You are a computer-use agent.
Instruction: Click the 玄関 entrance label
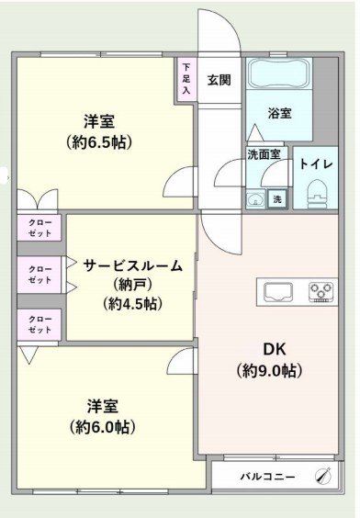pos(219,80)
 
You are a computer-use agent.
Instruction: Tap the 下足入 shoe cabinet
pos(186,80)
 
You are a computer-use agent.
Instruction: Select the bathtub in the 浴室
pos(279,73)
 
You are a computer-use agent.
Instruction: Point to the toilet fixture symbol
pos(317,195)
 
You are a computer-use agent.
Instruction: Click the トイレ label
pos(316,164)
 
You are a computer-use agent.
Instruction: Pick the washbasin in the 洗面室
pos(255,199)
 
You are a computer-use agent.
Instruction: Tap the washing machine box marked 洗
pos(277,199)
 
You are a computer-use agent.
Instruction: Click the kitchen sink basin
pos(278,292)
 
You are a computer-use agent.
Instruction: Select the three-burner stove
pos(321,292)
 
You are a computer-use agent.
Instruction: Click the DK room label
pos(275,349)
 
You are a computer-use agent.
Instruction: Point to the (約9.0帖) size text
pos(269,371)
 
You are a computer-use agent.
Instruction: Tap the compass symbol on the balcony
pos(323,476)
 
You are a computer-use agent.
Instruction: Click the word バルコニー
pos(267,477)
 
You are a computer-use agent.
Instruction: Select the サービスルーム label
pos(132,265)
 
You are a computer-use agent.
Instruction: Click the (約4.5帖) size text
pos(132,304)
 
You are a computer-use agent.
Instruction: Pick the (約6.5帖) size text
pos(99,142)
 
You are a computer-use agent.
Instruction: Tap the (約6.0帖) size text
pos(102,427)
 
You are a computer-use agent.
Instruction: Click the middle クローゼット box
pos(39,275)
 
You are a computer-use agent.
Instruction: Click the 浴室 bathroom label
pos(279,113)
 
